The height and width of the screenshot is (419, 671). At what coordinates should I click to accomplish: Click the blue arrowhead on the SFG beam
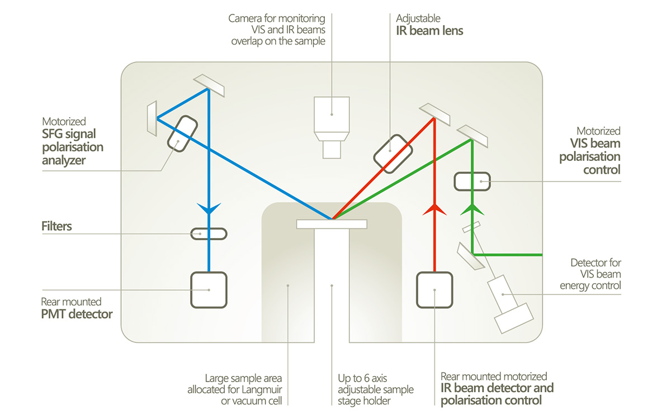coord(209,209)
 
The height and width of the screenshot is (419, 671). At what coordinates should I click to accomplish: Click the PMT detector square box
coord(209,289)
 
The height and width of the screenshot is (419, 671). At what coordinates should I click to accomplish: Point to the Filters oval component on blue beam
coord(209,234)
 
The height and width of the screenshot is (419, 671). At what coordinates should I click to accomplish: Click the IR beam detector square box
coord(434,289)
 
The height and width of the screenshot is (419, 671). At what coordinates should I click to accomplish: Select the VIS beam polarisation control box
coord(472,180)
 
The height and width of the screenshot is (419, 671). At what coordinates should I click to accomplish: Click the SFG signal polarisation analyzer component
coord(181,132)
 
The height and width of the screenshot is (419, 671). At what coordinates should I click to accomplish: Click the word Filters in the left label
coord(56,226)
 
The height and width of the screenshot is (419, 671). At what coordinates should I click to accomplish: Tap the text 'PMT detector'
coord(77,314)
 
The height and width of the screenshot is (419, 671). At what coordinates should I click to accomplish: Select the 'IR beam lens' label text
coord(429,31)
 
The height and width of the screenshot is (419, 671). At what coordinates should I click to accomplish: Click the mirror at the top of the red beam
coord(435,114)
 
